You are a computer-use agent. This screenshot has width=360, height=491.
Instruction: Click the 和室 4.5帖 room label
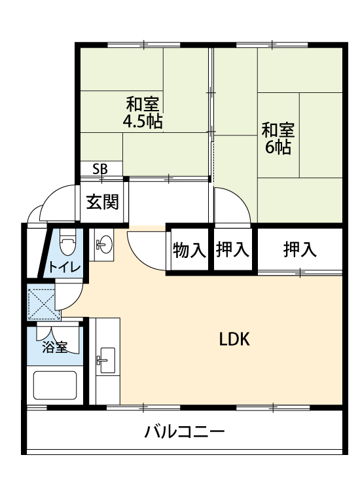click(143, 113)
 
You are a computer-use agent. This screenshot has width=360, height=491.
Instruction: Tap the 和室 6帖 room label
click(278, 138)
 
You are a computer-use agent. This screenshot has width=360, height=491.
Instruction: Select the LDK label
click(234, 339)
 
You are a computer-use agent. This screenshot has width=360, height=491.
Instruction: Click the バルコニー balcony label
click(185, 432)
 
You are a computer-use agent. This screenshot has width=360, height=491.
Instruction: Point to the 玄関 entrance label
click(103, 202)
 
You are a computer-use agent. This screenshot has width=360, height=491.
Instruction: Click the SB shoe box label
click(100, 169)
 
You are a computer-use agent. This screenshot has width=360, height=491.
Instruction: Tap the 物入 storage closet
click(190, 250)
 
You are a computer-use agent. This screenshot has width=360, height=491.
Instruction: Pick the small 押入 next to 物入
click(232, 250)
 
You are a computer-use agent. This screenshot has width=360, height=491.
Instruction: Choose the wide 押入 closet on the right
click(300, 249)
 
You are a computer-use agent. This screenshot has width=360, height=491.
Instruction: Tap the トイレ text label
click(65, 267)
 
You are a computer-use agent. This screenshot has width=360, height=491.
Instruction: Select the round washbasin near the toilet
click(105, 244)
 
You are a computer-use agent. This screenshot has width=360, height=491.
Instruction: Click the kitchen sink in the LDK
click(105, 360)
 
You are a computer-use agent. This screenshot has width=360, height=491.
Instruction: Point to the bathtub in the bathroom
click(55, 386)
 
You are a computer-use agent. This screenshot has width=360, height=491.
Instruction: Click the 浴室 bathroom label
click(55, 347)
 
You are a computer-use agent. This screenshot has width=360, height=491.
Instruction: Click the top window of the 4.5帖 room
click(144, 45)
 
